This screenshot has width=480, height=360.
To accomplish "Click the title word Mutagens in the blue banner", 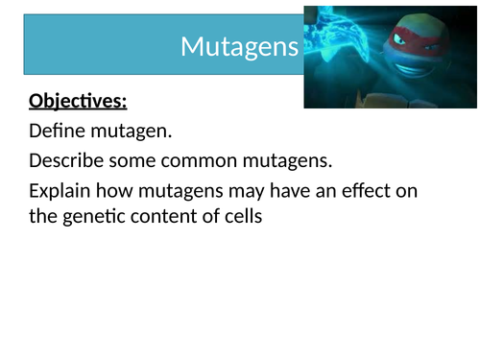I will (x=240, y=46).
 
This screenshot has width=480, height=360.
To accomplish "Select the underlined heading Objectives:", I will (x=78, y=101).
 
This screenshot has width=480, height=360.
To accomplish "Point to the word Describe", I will (x=68, y=160).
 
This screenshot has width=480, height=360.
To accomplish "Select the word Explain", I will (x=63, y=190).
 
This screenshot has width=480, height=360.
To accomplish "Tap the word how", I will (x=123, y=190).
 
